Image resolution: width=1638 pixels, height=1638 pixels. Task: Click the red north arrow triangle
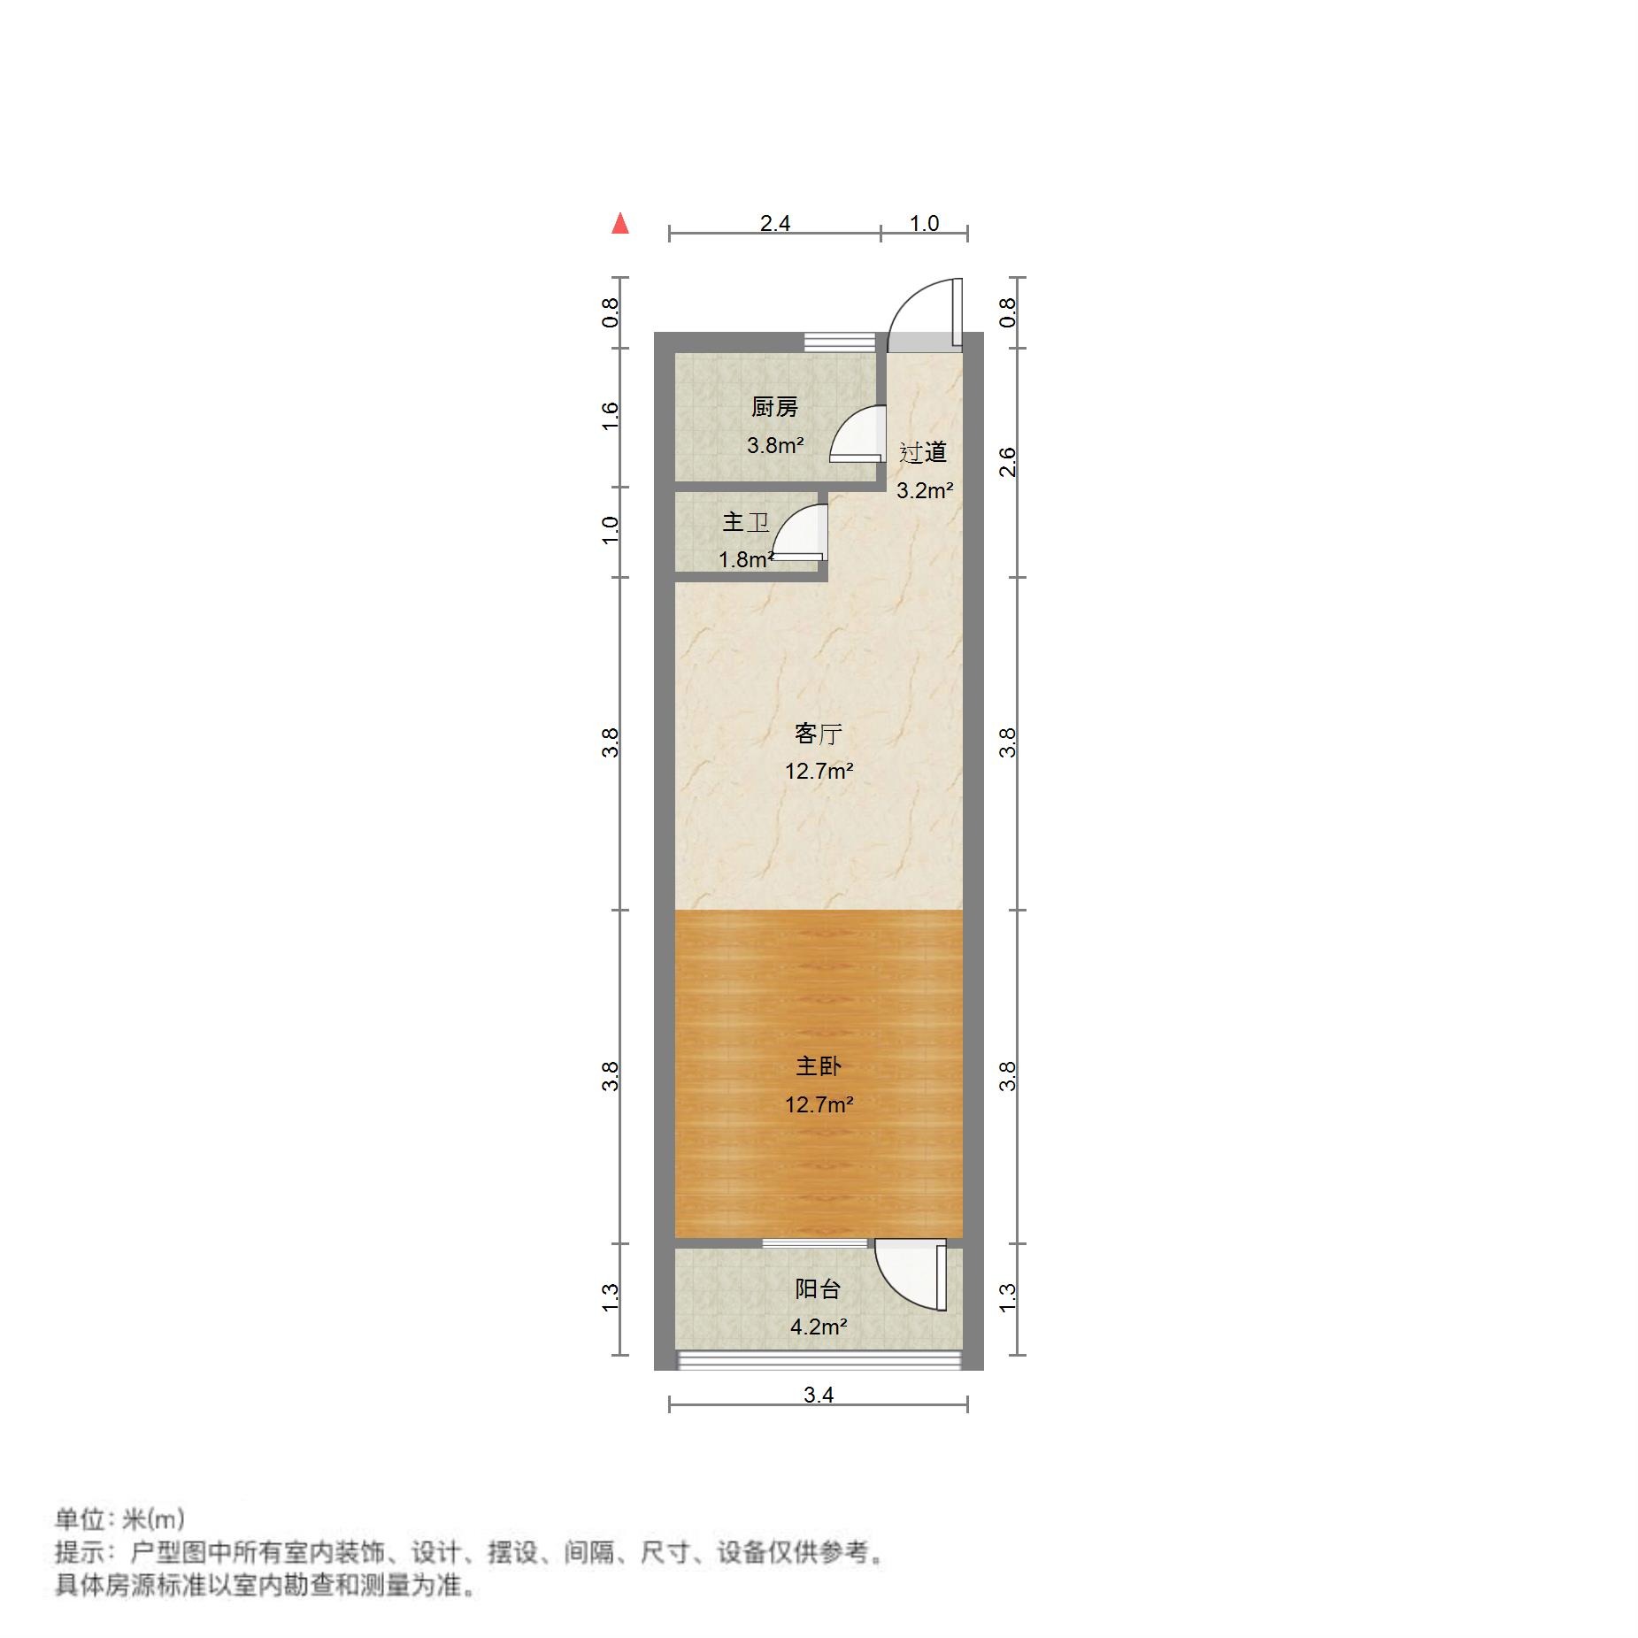(620, 224)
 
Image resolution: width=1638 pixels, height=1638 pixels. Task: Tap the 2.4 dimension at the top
(774, 223)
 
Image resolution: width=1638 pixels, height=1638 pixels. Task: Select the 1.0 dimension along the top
(924, 223)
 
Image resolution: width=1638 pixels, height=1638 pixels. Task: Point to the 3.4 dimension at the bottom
(819, 1395)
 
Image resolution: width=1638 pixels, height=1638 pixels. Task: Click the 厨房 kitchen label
(774, 407)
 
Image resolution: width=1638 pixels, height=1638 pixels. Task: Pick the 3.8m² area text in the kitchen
(775, 445)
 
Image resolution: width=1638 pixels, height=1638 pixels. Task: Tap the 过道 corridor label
(923, 452)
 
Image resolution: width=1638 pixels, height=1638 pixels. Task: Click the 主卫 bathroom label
(745, 522)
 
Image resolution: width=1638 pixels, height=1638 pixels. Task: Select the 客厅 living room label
(818, 734)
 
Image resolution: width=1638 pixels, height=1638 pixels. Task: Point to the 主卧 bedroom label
(818, 1065)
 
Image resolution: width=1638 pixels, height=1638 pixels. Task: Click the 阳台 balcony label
(817, 1288)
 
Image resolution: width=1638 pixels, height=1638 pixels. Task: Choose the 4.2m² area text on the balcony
(819, 1327)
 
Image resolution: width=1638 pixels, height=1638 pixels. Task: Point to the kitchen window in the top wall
(839, 342)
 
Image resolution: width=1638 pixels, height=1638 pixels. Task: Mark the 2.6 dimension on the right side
(1008, 462)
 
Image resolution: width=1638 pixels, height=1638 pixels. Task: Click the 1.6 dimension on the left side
(610, 416)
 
